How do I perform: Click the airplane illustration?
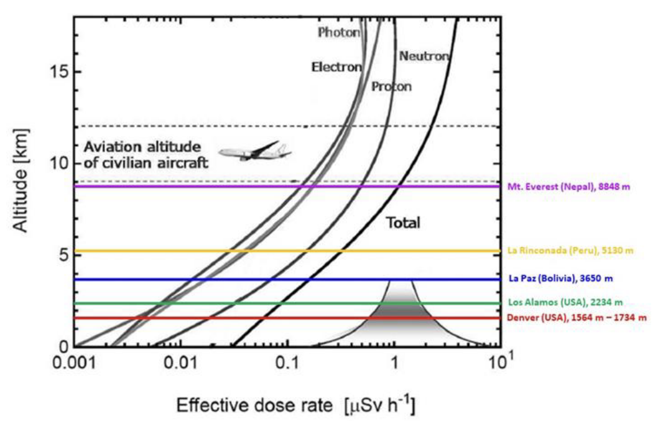point(254,151)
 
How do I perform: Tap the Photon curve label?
point(338,32)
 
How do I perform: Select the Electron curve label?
point(336,67)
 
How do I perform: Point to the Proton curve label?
point(391,86)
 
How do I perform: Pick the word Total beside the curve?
point(403,223)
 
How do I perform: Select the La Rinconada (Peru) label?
point(570,251)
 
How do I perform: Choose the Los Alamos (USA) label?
point(565,303)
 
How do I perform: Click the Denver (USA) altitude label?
point(577,318)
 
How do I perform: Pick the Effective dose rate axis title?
point(295,407)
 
